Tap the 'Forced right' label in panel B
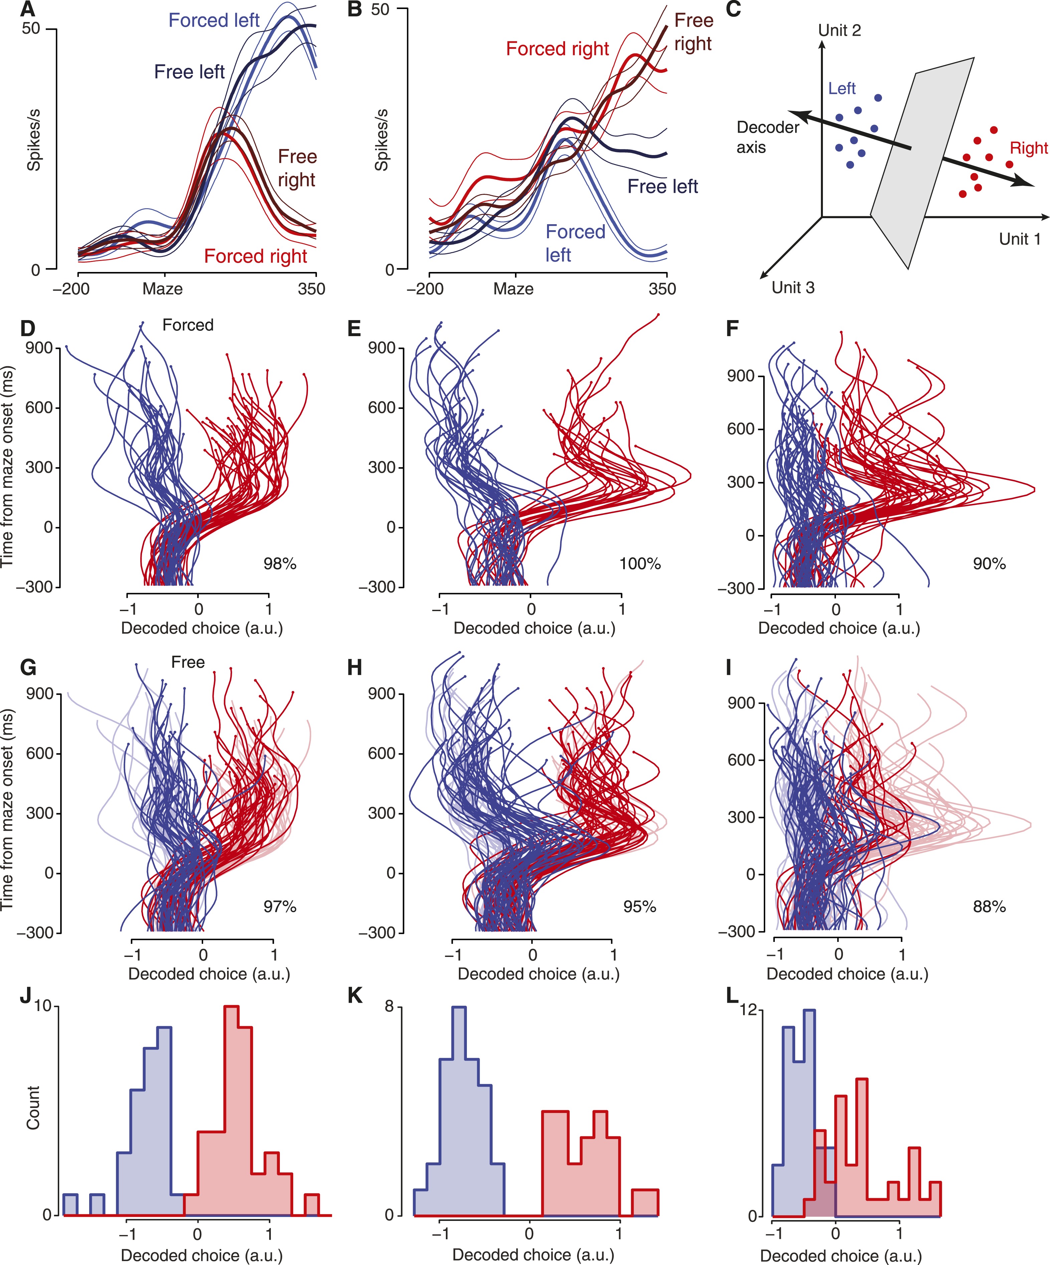click(x=557, y=49)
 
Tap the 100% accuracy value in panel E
click(x=640, y=564)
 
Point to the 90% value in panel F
click(x=989, y=564)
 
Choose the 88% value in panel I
click(x=989, y=906)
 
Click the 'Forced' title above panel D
click(x=188, y=325)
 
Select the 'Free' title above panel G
click(x=188, y=663)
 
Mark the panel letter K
click(x=355, y=996)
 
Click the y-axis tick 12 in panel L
click(x=748, y=1010)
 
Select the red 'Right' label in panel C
click(x=1028, y=148)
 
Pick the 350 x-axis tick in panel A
click(x=311, y=289)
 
